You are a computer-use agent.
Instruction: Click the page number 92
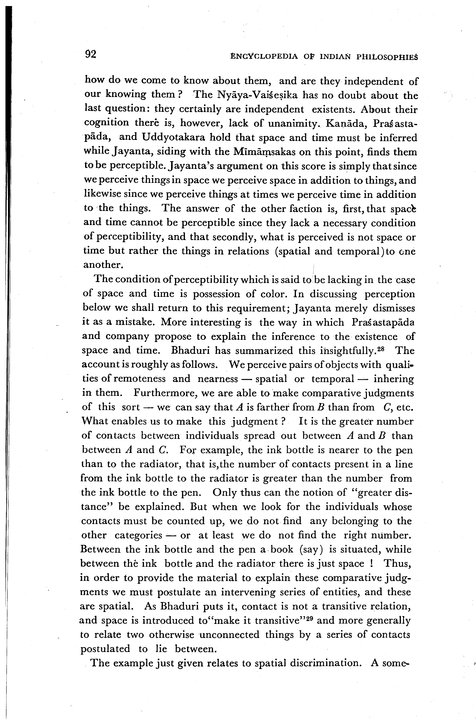click(91, 54)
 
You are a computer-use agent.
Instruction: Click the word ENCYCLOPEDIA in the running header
click(264, 57)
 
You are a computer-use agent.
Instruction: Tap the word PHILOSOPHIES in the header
click(387, 57)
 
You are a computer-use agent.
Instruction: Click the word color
click(273, 294)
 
